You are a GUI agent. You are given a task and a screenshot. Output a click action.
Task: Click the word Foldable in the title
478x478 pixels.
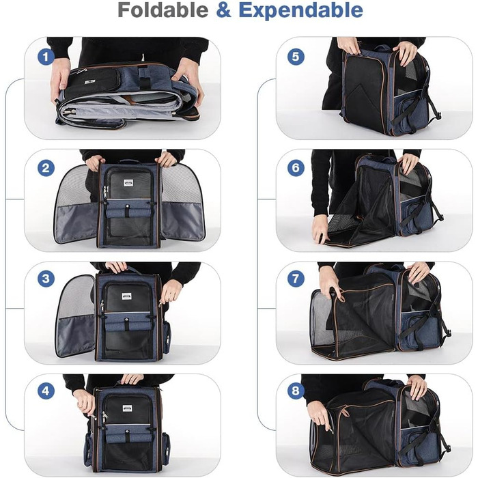163,10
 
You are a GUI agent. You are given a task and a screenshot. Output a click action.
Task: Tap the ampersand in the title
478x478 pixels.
223,10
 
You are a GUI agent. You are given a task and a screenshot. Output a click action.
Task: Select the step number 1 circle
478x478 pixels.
46,57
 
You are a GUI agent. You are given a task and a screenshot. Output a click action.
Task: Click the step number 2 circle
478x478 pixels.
46,168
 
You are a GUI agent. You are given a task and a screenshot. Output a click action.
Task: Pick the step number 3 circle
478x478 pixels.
46,279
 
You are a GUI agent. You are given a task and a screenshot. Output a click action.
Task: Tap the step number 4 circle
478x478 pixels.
46,391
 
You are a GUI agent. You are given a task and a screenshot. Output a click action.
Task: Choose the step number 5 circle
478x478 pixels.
296,57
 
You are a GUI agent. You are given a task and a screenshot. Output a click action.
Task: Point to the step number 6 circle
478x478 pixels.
296,168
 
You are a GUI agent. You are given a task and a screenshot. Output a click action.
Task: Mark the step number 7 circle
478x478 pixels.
296,279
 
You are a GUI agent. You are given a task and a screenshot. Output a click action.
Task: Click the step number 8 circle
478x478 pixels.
296,391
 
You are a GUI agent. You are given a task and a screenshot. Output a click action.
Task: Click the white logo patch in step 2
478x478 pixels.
128,183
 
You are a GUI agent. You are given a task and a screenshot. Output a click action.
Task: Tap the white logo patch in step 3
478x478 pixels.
126,296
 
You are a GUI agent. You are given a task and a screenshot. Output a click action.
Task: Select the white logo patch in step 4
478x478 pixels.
127,408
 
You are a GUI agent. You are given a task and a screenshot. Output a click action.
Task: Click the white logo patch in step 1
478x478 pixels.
89,83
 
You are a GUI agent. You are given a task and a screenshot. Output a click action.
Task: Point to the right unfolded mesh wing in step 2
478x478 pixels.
182,203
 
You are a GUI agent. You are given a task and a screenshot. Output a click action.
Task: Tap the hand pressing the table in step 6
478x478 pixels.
320,228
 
